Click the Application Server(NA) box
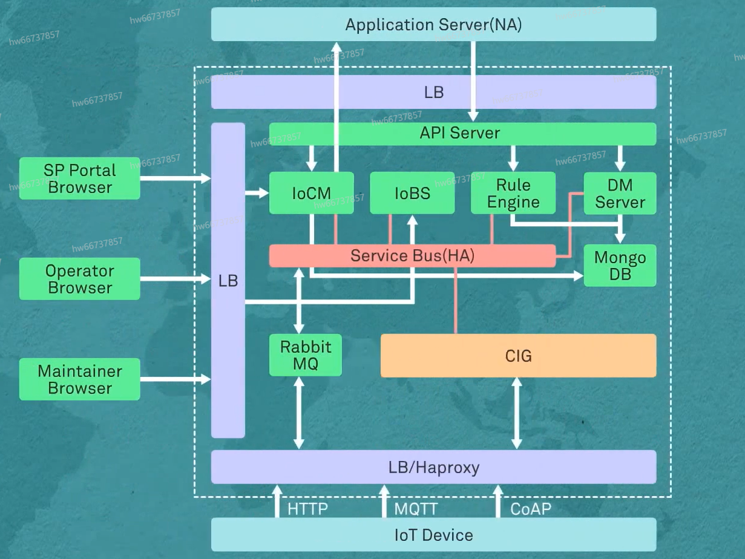point(433,25)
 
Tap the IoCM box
point(311,193)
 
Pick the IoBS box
point(412,193)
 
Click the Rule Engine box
point(513,193)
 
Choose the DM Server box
point(620,193)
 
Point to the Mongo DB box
point(620,266)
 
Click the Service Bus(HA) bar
point(412,256)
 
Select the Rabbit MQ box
point(305,355)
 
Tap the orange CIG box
point(518,356)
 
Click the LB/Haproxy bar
point(433,467)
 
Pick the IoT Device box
point(433,535)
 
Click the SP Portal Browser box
point(79,178)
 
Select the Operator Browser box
point(79,279)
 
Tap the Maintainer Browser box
point(79,379)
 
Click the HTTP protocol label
point(307,509)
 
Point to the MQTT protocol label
point(416,509)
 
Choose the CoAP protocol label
point(531,509)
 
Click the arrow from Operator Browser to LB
point(175,279)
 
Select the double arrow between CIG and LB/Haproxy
point(516,413)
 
